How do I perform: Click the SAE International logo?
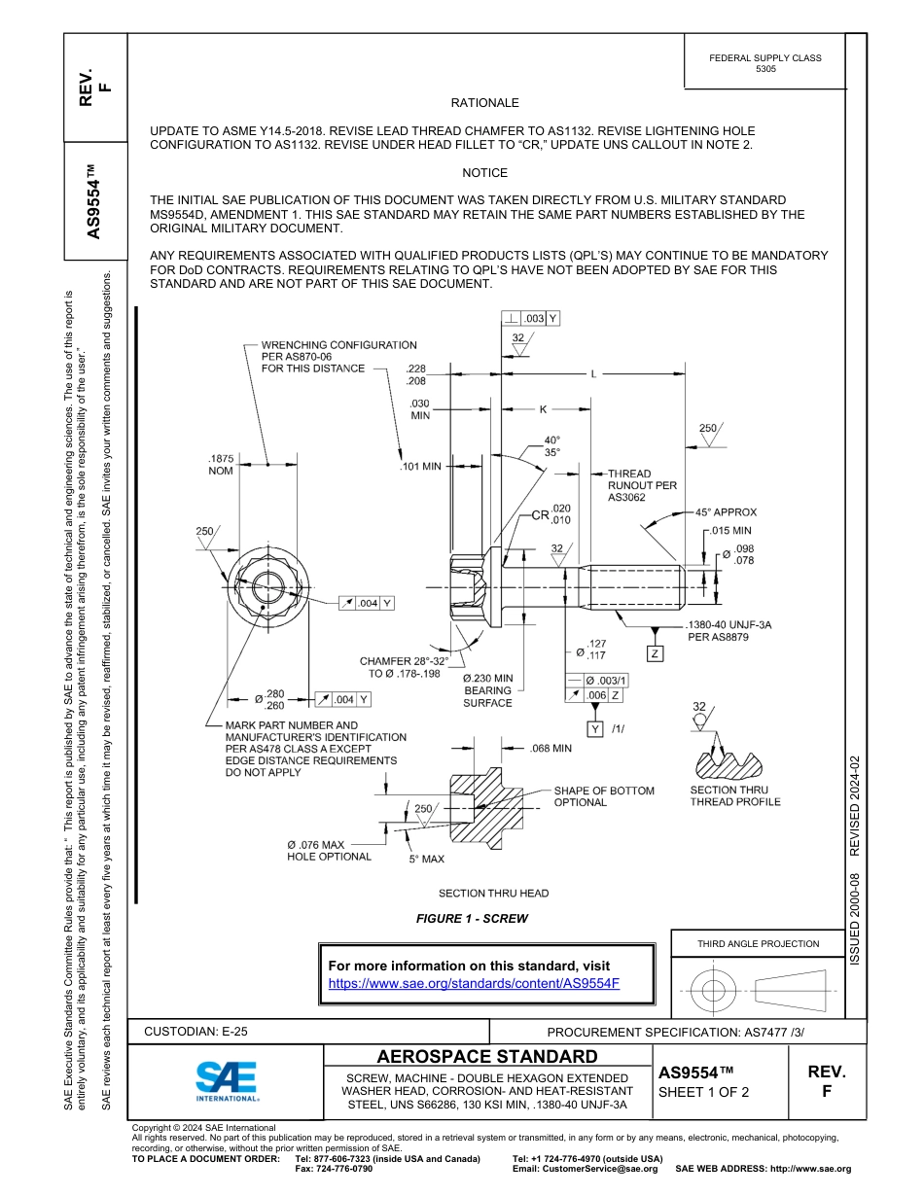pyautogui.click(x=226, y=1079)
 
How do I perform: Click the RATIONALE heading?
pyautogui.click(x=484, y=103)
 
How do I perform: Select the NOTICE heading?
pyautogui.click(x=484, y=173)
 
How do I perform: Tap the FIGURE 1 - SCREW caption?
pyautogui.click(x=472, y=919)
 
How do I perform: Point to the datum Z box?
pyautogui.click(x=656, y=654)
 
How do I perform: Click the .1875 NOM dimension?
pyautogui.click(x=220, y=464)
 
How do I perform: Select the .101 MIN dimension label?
pyautogui.click(x=420, y=467)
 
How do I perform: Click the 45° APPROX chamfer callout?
pyautogui.click(x=726, y=512)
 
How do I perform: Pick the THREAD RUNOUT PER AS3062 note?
pyautogui.click(x=642, y=485)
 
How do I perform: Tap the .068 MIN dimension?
pyautogui.click(x=551, y=749)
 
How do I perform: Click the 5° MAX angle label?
pyautogui.click(x=426, y=860)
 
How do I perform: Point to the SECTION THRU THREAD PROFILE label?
pyautogui.click(x=734, y=796)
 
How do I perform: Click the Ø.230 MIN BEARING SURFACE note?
pyautogui.click(x=487, y=690)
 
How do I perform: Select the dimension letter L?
pyautogui.click(x=594, y=373)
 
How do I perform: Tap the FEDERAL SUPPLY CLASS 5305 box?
pyautogui.click(x=764, y=63)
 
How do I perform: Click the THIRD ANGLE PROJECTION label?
pyautogui.click(x=758, y=943)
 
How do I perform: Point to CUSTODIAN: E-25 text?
pyautogui.click(x=202, y=1032)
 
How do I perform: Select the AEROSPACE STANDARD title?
pyautogui.click(x=487, y=1057)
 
